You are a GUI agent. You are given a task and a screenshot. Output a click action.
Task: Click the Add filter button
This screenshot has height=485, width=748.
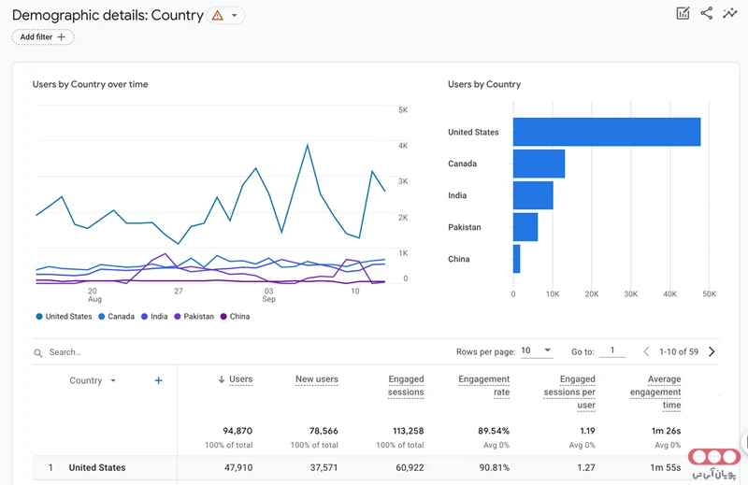tap(43, 37)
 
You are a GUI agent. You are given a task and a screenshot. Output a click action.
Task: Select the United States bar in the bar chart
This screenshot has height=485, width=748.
tap(607, 132)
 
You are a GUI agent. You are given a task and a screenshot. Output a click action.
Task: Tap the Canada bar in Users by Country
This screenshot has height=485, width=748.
tap(539, 164)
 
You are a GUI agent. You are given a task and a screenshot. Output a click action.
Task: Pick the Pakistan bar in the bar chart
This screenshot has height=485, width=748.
tap(525, 227)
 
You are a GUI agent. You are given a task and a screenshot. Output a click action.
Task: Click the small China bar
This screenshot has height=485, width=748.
tap(517, 259)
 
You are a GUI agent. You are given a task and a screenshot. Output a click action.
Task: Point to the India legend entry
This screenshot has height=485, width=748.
tap(154, 316)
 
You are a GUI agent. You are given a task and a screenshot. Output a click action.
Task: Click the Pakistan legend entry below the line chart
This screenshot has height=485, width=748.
tap(194, 316)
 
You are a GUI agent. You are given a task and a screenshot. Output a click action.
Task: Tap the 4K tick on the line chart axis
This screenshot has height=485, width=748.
tap(403, 146)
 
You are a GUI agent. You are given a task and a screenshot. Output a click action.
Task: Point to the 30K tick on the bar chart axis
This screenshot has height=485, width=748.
tap(630, 294)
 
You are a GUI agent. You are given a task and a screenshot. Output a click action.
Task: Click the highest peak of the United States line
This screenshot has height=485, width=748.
tap(308, 145)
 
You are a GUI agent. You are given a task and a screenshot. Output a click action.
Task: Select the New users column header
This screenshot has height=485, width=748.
tap(317, 379)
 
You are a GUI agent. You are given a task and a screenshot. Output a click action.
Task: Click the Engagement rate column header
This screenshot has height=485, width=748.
tap(483, 385)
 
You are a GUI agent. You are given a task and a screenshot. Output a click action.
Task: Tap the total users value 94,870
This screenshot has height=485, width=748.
tap(237, 431)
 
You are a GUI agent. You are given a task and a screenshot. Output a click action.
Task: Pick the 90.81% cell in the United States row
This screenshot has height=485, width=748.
tap(495, 467)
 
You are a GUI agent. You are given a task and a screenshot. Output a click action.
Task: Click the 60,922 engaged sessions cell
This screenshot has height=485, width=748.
tap(410, 467)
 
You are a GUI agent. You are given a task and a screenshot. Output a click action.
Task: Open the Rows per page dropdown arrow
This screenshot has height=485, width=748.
tap(548, 350)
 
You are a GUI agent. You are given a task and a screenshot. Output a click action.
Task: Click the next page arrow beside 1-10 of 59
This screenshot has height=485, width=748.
tap(712, 351)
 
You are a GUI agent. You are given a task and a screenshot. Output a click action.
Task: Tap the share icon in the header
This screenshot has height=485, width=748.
tap(707, 13)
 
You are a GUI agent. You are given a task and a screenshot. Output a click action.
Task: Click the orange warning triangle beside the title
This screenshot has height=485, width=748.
tap(218, 15)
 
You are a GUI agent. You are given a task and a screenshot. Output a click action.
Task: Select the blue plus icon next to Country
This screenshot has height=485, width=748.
tap(158, 380)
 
